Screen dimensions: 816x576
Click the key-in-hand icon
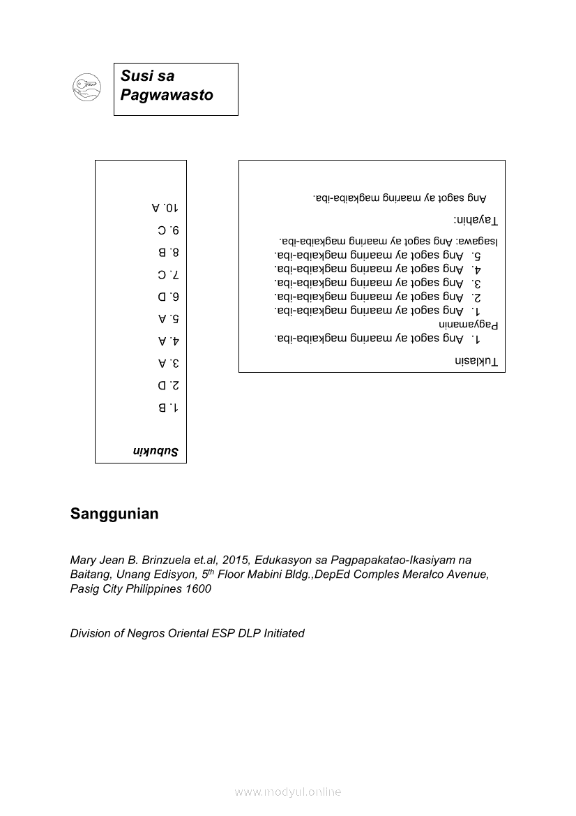(87, 87)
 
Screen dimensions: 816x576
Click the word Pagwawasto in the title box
(167, 95)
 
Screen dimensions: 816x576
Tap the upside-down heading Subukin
(156, 452)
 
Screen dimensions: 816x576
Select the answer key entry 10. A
(165, 207)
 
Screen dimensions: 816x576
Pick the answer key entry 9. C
(168, 230)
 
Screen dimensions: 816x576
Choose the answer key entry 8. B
(168, 252)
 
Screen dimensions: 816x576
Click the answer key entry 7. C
(168, 274)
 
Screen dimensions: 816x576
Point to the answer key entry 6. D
(168, 297)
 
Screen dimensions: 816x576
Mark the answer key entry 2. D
(168, 385)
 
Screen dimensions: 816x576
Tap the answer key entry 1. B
(168, 407)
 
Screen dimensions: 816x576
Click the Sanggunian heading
(114, 514)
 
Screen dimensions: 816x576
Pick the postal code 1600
(198, 588)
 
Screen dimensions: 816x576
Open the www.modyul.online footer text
(288, 792)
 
